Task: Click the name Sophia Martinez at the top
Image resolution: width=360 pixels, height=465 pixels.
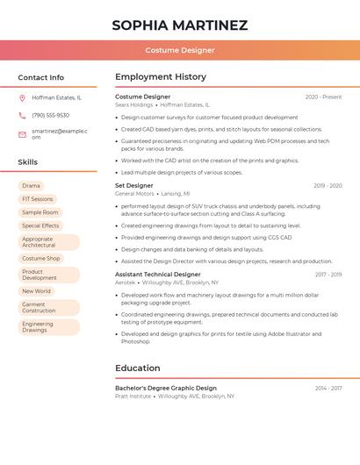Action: point(180,25)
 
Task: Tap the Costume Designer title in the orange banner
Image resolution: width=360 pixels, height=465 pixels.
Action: point(180,50)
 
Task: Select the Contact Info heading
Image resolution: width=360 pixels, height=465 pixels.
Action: point(41,77)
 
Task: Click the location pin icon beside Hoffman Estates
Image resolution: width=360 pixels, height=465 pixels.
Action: point(22,97)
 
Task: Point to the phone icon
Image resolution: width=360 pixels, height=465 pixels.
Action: point(22,115)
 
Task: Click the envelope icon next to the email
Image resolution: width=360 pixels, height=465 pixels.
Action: point(22,133)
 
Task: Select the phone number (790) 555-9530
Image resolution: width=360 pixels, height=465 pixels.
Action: point(50,115)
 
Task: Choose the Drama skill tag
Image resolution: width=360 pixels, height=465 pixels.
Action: point(31,186)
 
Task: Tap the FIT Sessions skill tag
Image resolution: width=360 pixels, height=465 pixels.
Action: point(37,199)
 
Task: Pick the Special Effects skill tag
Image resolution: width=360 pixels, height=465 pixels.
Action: point(40,225)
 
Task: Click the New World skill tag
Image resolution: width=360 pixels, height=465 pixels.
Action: point(36,291)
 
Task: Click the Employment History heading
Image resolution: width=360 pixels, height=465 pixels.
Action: point(161,77)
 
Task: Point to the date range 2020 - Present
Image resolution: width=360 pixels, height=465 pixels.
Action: point(323,97)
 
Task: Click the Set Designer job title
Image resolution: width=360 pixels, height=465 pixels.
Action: point(134,186)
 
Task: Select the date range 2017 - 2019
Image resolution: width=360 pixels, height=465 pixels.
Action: point(328,275)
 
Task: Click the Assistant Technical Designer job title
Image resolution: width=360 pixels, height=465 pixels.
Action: point(158,275)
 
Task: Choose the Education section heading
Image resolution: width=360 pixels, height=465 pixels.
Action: point(138,368)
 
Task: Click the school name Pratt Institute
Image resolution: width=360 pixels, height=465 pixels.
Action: point(133,396)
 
